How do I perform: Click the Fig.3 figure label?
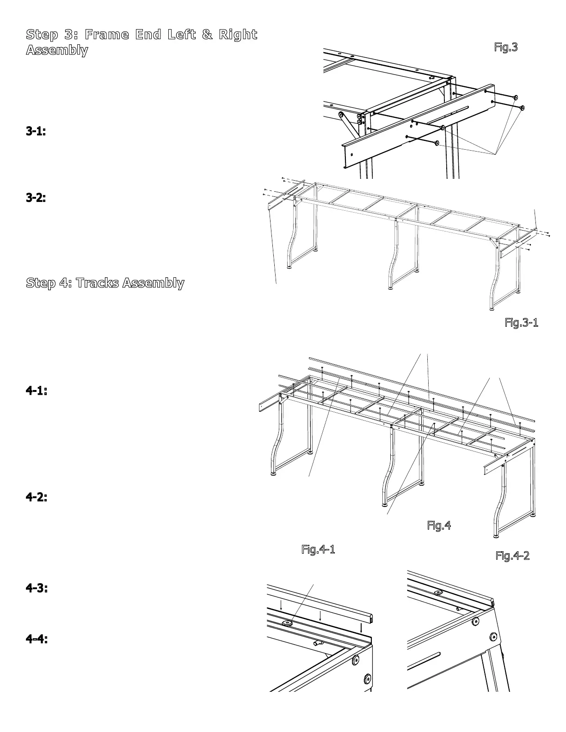(x=505, y=47)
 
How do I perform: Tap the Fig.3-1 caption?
(x=521, y=323)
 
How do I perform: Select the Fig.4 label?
(x=438, y=525)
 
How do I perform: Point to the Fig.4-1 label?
(x=318, y=549)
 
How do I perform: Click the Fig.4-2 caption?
(x=512, y=555)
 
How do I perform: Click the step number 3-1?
(x=36, y=131)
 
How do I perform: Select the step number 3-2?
(x=36, y=198)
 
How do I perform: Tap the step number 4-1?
(x=36, y=390)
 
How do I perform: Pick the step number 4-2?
(x=36, y=497)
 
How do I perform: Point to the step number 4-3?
(x=36, y=588)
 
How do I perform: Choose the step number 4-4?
(x=36, y=639)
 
